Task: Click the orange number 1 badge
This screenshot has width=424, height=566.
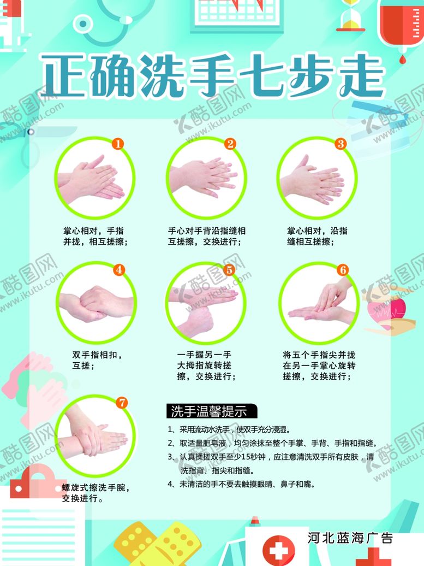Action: pyautogui.click(x=118, y=144)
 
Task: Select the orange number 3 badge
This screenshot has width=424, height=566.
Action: pyautogui.click(x=341, y=144)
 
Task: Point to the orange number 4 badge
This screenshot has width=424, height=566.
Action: pyautogui.click(x=120, y=269)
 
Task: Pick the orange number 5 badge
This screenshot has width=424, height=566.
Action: pyautogui.click(x=229, y=269)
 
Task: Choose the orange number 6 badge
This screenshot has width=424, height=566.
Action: pyautogui.click(x=343, y=269)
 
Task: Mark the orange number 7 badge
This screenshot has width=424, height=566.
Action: pyautogui.click(x=122, y=403)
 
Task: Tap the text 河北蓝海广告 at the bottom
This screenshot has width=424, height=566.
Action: pyautogui.click(x=350, y=538)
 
